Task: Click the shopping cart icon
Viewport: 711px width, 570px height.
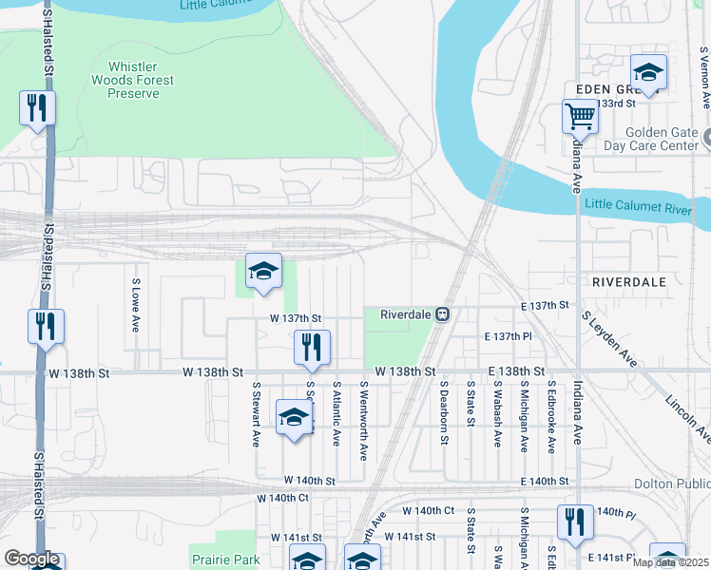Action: click(x=579, y=118)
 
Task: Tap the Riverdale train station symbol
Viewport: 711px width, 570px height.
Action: click(x=443, y=314)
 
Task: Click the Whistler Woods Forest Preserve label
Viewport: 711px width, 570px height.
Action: click(x=141, y=81)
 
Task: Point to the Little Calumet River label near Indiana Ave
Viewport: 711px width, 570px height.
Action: click(x=646, y=204)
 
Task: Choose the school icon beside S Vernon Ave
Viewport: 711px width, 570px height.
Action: click(x=648, y=72)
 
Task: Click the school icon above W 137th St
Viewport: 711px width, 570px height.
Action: click(x=263, y=272)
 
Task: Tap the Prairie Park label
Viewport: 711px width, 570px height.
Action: click(x=224, y=560)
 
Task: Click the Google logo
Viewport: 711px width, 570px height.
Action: click(x=31, y=560)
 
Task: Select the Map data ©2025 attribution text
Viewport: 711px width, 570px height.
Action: click(x=669, y=562)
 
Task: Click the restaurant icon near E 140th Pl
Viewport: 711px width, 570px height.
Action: click(x=575, y=523)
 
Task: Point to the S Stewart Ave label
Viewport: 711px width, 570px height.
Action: click(x=256, y=414)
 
